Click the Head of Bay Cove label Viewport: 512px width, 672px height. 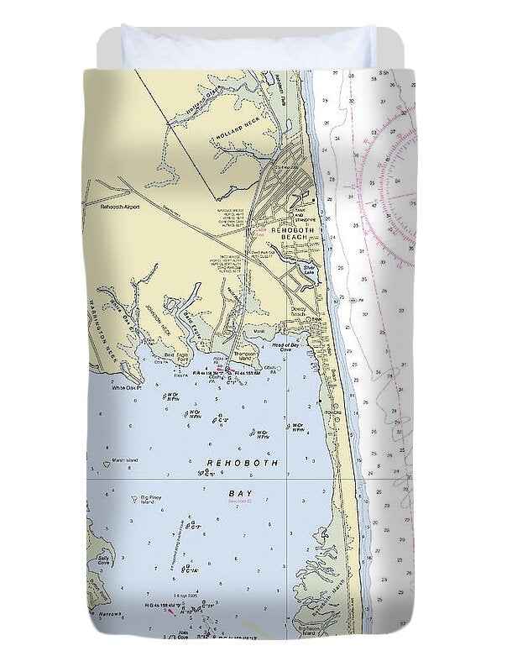[x=285, y=345]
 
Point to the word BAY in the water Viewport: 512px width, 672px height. [x=241, y=494]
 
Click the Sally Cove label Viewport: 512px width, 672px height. [x=104, y=560]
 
